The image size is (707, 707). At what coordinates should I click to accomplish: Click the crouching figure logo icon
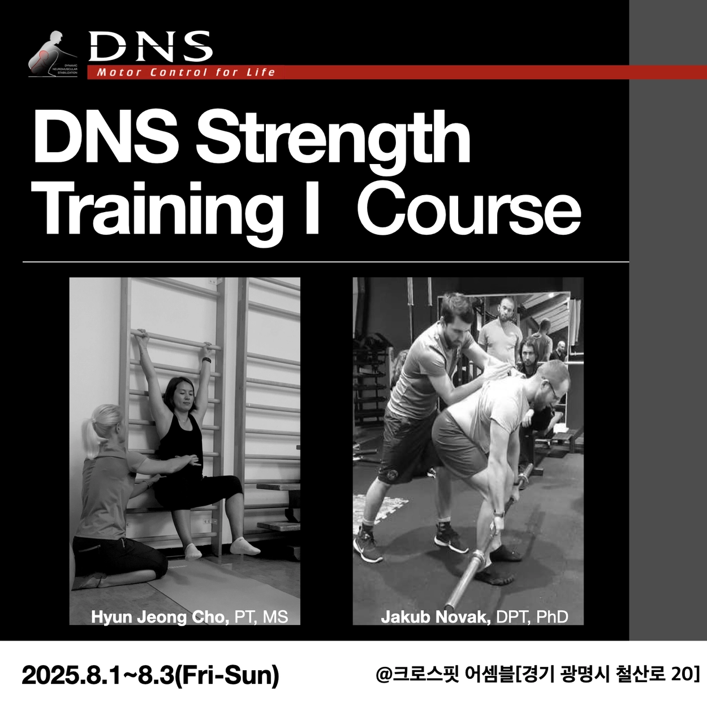53,54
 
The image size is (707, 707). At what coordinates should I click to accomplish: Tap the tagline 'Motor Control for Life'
186,72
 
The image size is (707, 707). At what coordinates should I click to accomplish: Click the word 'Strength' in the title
333,138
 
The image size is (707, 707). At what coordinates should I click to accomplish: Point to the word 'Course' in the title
469,209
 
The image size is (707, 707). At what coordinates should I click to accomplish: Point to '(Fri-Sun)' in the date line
226,675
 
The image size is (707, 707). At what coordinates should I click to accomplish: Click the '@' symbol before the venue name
384,674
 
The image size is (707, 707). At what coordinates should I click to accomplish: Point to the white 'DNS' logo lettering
150,46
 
